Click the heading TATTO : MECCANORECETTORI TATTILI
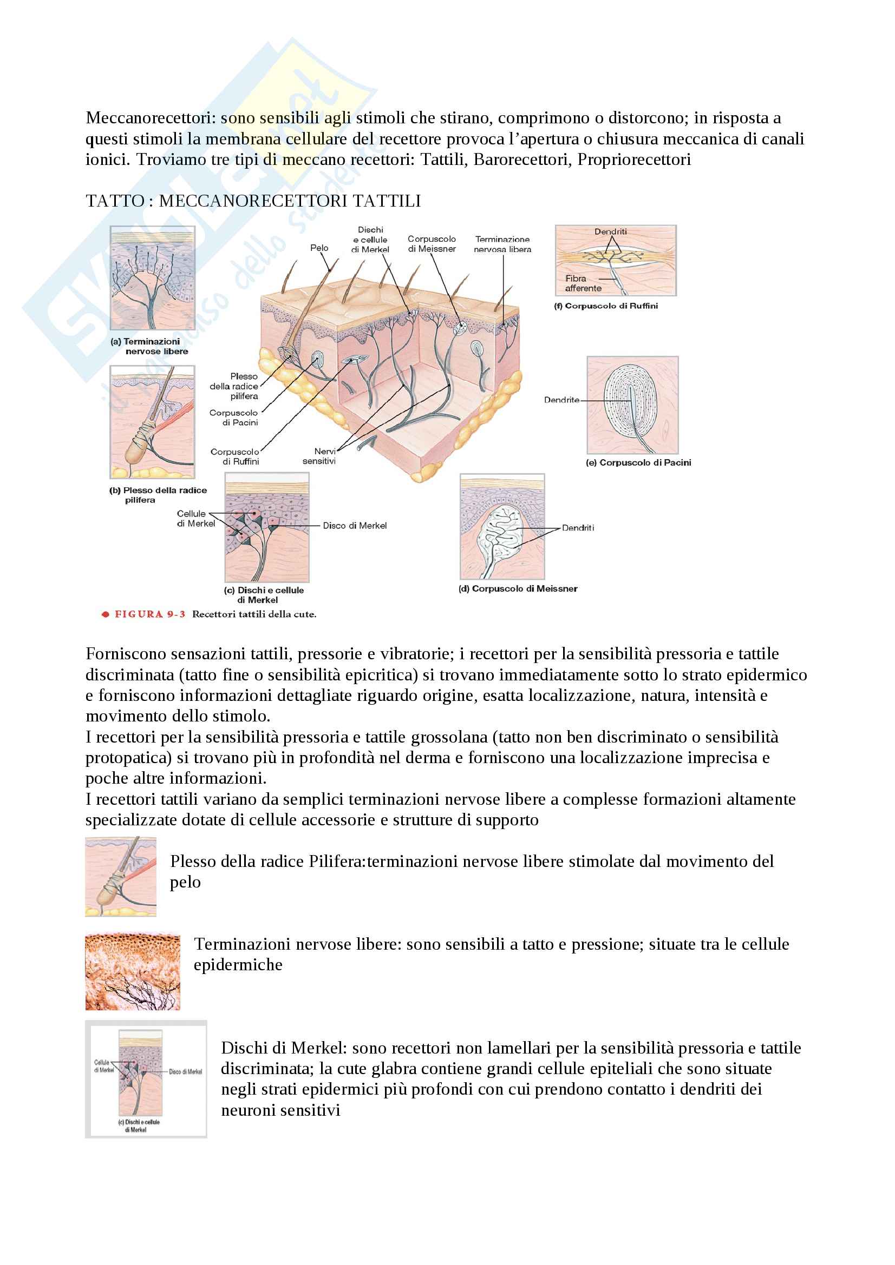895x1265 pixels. click(x=253, y=201)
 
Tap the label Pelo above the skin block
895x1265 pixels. click(x=319, y=248)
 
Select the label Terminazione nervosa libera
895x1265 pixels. click(x=502, y=244)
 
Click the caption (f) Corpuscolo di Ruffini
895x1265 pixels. click(x=605, y=306)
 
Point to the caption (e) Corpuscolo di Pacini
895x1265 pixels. click(x=638, y=463)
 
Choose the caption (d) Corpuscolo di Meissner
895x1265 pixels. click(x=518, y=588)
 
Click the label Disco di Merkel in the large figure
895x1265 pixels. click(x=355, y=526)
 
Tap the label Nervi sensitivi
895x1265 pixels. click(x=320, y=456)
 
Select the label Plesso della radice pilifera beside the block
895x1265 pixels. click(x=234, y=386)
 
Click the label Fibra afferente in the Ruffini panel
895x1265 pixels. click(x=583, y=283)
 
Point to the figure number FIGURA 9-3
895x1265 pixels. click(x=149, y=614)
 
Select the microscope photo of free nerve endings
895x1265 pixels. click(x=132, y=971)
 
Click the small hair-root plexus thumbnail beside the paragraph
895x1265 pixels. click(x=120, y=877)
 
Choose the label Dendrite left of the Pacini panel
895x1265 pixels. click(x=561, y=400)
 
